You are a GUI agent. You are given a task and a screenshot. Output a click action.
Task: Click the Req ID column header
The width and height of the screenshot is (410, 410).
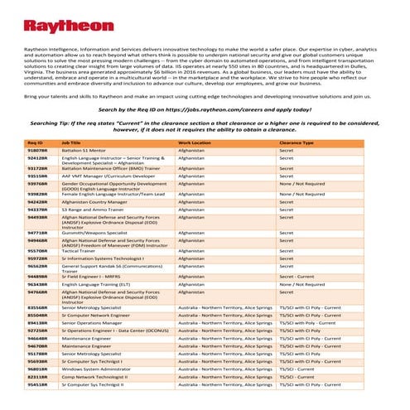click(35, 142)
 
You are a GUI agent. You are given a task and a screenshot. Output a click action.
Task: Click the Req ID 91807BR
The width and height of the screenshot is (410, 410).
click(36, 149)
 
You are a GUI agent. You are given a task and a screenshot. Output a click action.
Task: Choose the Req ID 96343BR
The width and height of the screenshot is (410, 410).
click(36, 284)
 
